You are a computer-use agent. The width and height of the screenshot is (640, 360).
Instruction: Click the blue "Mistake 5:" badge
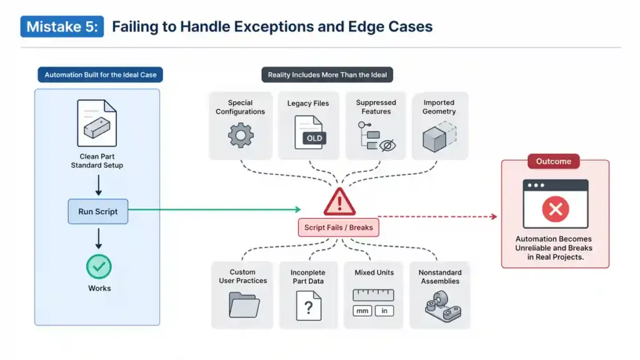(x=62, y=27)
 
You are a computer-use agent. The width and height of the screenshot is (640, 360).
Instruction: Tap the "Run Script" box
(x=97, y=211)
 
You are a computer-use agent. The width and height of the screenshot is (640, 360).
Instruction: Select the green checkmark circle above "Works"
(x=99, y=267)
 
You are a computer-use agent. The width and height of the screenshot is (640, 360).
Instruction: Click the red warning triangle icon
(x=339, y=202)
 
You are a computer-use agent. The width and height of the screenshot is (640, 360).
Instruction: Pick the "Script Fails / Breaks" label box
(x=338, y=227)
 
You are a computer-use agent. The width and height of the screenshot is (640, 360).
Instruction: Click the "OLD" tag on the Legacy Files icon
(x=314, y=138)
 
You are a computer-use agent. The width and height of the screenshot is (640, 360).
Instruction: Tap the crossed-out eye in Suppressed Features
(x=387, y=146)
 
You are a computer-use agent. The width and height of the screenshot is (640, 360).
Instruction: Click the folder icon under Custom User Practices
(x=243, y=305)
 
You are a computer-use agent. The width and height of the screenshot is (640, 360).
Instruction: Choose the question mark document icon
(x=308, y=306)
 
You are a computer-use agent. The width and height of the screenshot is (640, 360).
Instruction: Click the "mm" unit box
(x=362, y=311)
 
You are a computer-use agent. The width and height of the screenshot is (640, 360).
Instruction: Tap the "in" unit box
(x=384, y=311)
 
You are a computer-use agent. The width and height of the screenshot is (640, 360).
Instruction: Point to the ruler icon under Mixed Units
(x=373, y=294)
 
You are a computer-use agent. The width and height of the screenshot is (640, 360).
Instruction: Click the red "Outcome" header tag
(x=553, y=161)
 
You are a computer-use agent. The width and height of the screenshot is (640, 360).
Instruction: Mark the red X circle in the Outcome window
(x=555, y=209)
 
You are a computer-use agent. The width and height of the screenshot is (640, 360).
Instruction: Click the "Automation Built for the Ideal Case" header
(x=101, y=75)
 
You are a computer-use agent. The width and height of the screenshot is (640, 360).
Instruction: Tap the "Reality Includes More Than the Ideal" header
(x=327, y=75)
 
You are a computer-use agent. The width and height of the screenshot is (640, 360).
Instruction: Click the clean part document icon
(x=97, y=123)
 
